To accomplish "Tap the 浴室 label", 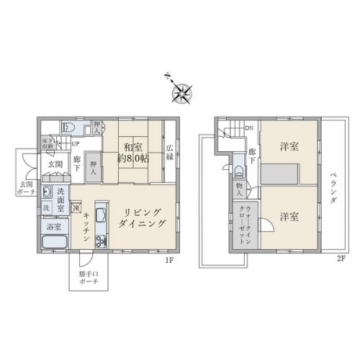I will coord(53,227).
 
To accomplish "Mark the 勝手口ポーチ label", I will coord(90,278).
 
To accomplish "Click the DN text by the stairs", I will coord(249,129).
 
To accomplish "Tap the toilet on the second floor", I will coord(238,171).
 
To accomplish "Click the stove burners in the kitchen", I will coord(99,240).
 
